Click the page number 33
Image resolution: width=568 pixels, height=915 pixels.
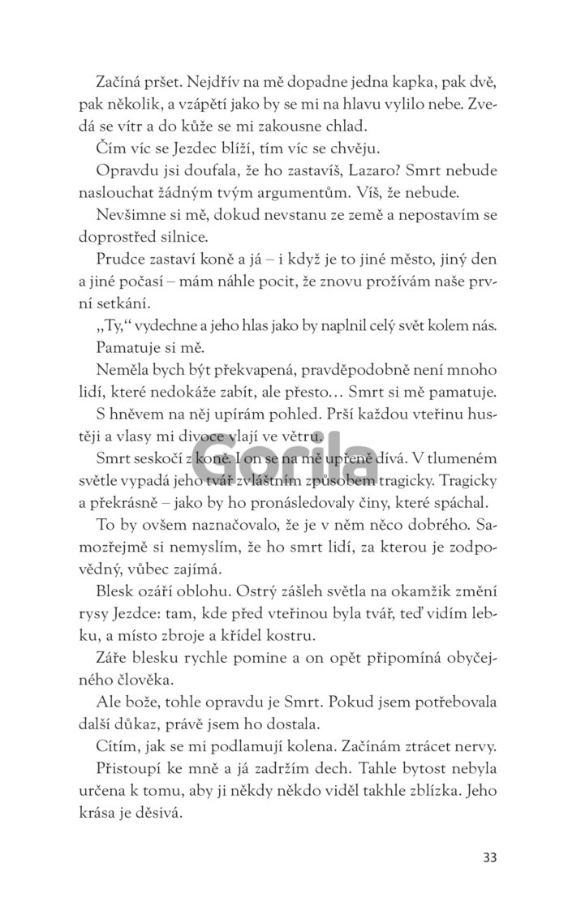point(489,856)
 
